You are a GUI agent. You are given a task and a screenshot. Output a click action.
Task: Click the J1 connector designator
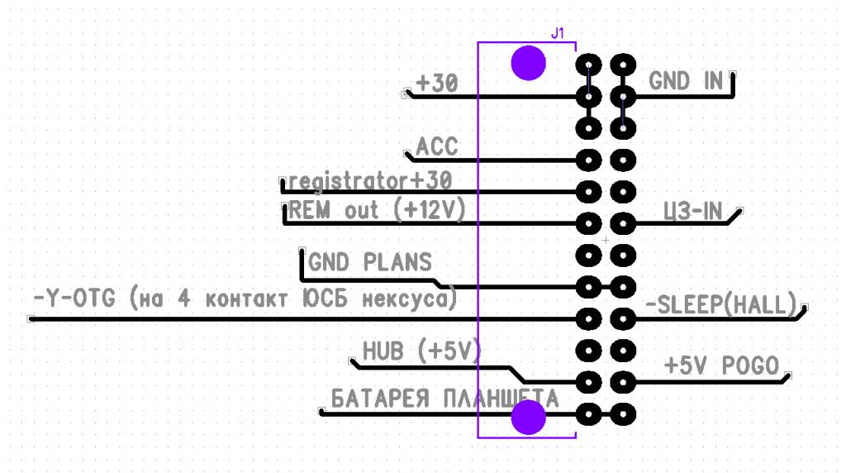pos(558,34)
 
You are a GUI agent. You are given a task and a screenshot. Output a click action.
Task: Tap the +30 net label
pos(437,84)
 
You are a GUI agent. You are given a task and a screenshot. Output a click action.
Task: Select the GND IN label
pos(686,81)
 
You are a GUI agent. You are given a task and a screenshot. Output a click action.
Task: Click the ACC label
pos(436,147)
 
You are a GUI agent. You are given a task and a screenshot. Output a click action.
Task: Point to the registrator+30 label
pos(371,179)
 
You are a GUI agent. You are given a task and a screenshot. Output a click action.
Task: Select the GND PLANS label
pos(370,262)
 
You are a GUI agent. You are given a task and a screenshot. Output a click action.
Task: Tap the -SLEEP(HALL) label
pos(720,303)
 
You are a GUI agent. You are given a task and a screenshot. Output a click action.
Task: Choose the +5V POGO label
pos(722,365)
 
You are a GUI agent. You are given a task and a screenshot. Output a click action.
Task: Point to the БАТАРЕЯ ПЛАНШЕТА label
pos(444,398)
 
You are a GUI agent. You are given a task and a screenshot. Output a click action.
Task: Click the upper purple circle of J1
pos(527,63)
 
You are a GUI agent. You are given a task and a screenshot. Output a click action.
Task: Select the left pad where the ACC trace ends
pos(588,160)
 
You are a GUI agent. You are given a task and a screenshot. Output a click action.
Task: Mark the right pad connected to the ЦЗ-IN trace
pos(622,223)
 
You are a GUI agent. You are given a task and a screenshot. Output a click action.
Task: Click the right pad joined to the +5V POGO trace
pos(622,382)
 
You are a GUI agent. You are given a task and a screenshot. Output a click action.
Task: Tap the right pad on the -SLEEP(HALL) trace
pos(622,318)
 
